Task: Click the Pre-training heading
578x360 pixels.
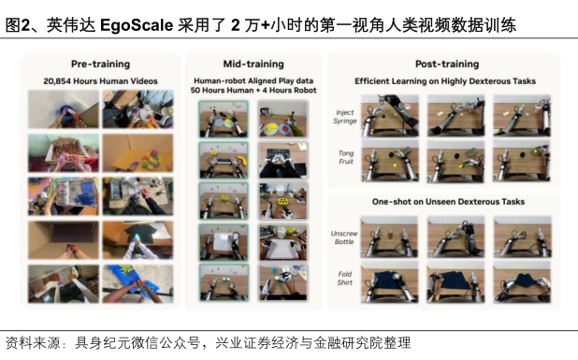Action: pyautogui.click(x=101, y=65)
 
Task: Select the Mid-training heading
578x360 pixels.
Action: pyautogui.click(x=253, y=65)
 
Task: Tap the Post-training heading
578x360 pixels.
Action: pyautogui.click(x=447, y=65)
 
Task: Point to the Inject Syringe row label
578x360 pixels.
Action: pyautogui.click(x=345, y=117)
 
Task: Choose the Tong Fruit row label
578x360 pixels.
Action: pyautogui.click(x=346, y=157)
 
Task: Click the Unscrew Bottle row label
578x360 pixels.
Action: pyautogui.click(x=344, y=238)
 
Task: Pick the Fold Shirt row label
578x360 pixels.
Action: pyautogui.click(x=345, y=279)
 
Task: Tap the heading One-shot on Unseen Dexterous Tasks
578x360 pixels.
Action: pyautogui.click(x=448, y=202)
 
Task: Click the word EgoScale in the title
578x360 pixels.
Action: pyautogui.click(x=137, y=25)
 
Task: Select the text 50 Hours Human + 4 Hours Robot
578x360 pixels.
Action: pyautogui.click(x=253, y=91)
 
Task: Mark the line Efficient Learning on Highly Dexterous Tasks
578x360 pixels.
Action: pyautogui.click(x=445, y=81)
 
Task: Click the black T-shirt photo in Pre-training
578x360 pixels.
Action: pyautogui.click(x=137, y=240)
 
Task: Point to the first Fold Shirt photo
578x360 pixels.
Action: pyautogui.click(x=389, y=282)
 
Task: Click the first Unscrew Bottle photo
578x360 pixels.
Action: pyautogui.click(x=389, y=237)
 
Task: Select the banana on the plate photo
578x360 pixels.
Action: pyautogui.click(x=283, y=120)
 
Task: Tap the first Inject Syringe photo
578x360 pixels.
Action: pyautogui.click(x=390, y=116)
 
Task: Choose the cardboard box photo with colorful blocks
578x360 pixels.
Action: pyautogui.click(x=137, y=153)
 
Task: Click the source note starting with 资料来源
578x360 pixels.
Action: pyautogui.click(x=208, y=343)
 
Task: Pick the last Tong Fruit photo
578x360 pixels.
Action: pyautogui.click(x=522, y=161)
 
